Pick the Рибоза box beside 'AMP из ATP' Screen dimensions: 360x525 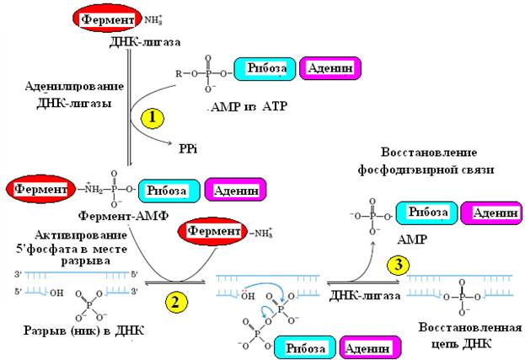(268, 70)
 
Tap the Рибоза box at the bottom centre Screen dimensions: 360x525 (308, 347)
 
